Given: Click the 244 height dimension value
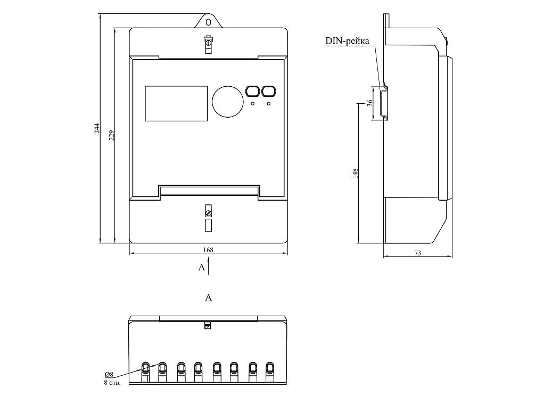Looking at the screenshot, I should coord(97,128).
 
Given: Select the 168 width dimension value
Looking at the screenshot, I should coord(209,249).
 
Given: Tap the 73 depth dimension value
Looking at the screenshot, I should coord(417,253).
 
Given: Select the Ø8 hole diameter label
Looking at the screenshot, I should coord(109,376).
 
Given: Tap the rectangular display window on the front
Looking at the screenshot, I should coord(176,103).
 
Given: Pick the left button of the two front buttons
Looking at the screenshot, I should coord(252,91).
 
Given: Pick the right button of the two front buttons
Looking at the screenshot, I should coord(269,91).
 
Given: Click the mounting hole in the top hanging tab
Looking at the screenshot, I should coord(209,22).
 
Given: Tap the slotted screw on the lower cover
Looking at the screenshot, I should coord(209,213).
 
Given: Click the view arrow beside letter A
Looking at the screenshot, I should coord(209,265).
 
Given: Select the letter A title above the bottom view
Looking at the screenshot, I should coord(209,298).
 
